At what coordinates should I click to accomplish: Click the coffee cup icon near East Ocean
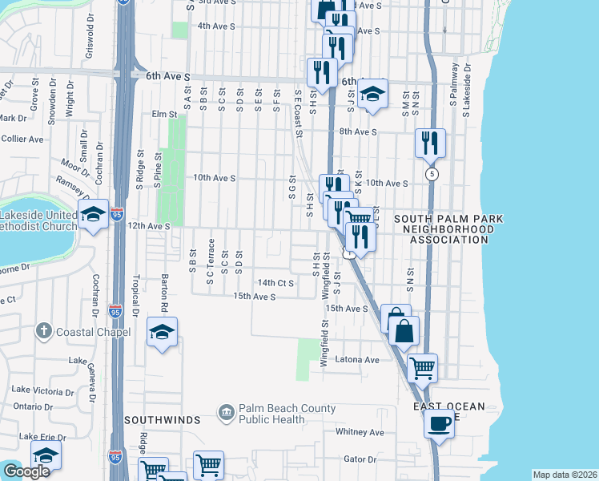(x=438, y=422)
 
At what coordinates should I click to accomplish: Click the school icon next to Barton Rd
(x=162, y=332)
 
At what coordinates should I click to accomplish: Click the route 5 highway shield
(x=432, y=173)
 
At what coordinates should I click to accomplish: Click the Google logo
(x=26, y=472)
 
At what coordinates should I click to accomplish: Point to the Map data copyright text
(x=565, y=475)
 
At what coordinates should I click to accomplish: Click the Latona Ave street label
(x=356, y=360)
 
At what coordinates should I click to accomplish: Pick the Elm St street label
(x=164, y=115)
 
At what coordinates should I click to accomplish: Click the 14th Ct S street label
(x=275, y=283)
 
